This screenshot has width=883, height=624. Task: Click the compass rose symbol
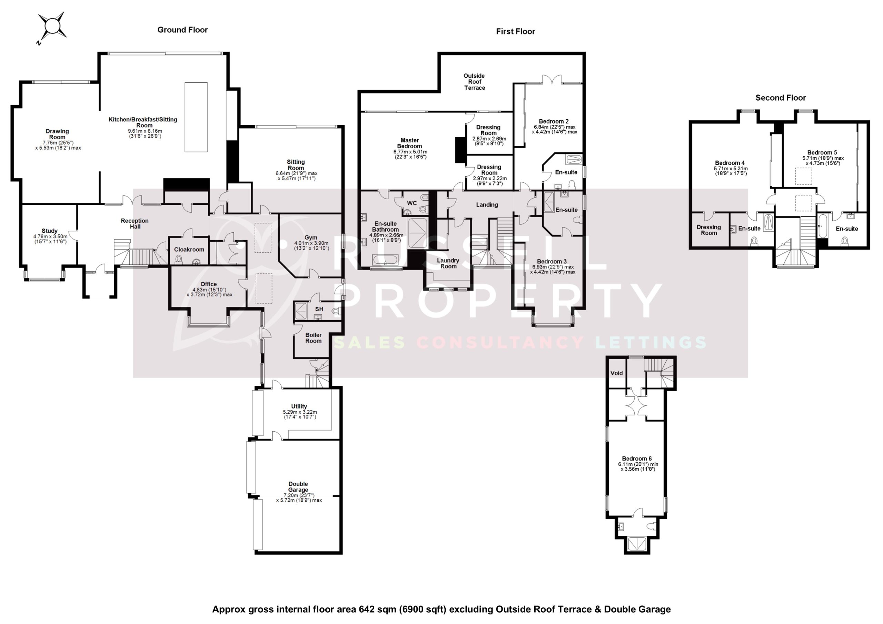(x=52, y=26)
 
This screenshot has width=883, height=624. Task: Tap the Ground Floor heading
(x=182, y=30)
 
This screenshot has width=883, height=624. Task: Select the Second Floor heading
(x=780, y=98)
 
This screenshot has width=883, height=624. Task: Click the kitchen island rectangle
(x=196, y=117)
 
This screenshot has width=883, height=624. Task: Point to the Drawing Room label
(x=57, y=134)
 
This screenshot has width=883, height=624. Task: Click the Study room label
(x=50, y=231)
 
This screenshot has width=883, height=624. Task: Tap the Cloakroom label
(x=189, y=250)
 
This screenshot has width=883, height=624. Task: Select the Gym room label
(x=311, y=238)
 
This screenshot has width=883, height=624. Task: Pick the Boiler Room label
(x=313, y=338)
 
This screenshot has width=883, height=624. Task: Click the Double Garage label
(x=298, y=487)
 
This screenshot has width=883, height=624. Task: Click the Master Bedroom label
(x=409, y=143)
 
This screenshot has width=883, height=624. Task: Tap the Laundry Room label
(x=448, y=263)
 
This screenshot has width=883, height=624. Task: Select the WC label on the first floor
(x=411, y=203)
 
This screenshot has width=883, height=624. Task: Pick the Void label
(x=616, y=373)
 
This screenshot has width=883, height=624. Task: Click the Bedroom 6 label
(x=636, y=459)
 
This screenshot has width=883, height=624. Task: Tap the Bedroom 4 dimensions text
(x=730, y=171)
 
